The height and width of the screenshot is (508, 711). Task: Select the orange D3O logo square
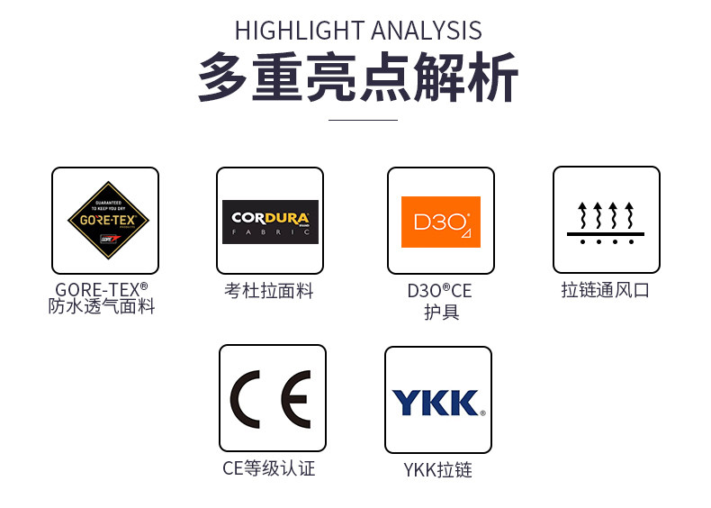[x=441, y=222]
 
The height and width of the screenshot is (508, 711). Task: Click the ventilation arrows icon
[x=606, y=216]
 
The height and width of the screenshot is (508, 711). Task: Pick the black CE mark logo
[x=271, y=398]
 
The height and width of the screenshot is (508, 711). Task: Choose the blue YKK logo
[x=438, y=402]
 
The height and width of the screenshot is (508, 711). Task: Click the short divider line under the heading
[x=363, y=119]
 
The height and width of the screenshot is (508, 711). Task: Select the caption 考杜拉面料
[x=269, y=291]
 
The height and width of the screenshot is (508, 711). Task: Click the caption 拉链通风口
[x=606, y=290]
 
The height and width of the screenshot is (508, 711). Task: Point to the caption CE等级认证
[x=269, y=468]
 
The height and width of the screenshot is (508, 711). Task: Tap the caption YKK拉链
[x=438, y=470]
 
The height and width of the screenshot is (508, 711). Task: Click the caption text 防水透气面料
[x=102, y=307]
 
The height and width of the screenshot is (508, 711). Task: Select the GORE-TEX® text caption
[x=102, y=289]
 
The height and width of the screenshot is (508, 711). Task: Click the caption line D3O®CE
[x=440, y=291]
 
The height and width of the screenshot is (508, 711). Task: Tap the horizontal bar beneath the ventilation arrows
[x=606, y=233]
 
